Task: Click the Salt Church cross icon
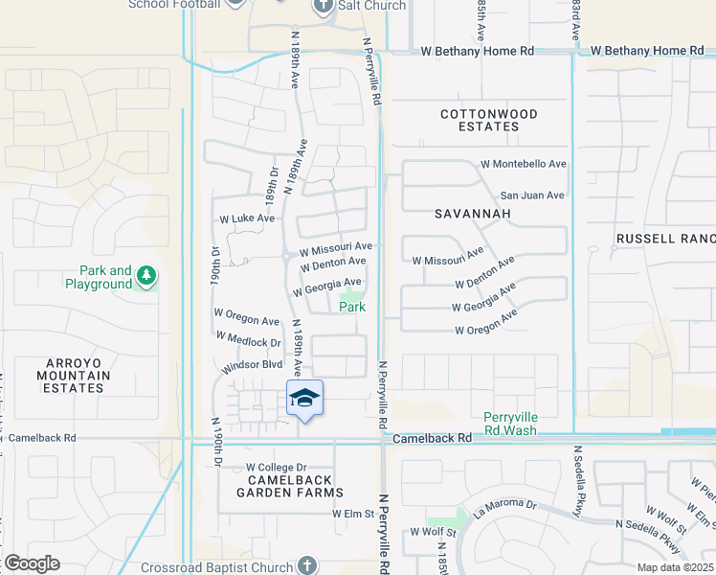pyautogui.click(x=322, y=7)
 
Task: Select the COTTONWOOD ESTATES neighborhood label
pyautogui.click(x=489, y=120)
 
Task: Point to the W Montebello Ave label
pyautogui.click(x=524, y=164)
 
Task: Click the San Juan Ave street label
pyautogui.click(x=532, y=195)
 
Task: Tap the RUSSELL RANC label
pyautogui.click(x=666, y=239)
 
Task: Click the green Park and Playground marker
pyautogui.click(x=145, y=277)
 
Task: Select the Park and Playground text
pyautogui.click(x=99, y=277)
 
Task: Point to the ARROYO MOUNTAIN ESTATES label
pyautogui.click(x=74, y=375)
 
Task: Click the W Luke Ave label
pyautogui.click(x=247, y=218)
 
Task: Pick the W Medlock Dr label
pyautogui.click(x=248, y=339)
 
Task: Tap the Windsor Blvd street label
pyautogui.click(x=253, y=365)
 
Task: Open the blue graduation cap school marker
pyautogui.click(x=304, y=398)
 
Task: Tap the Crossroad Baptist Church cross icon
pyautogui.click(x=306, y=565)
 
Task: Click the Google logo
pyautogui.click(x=32, y=563)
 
